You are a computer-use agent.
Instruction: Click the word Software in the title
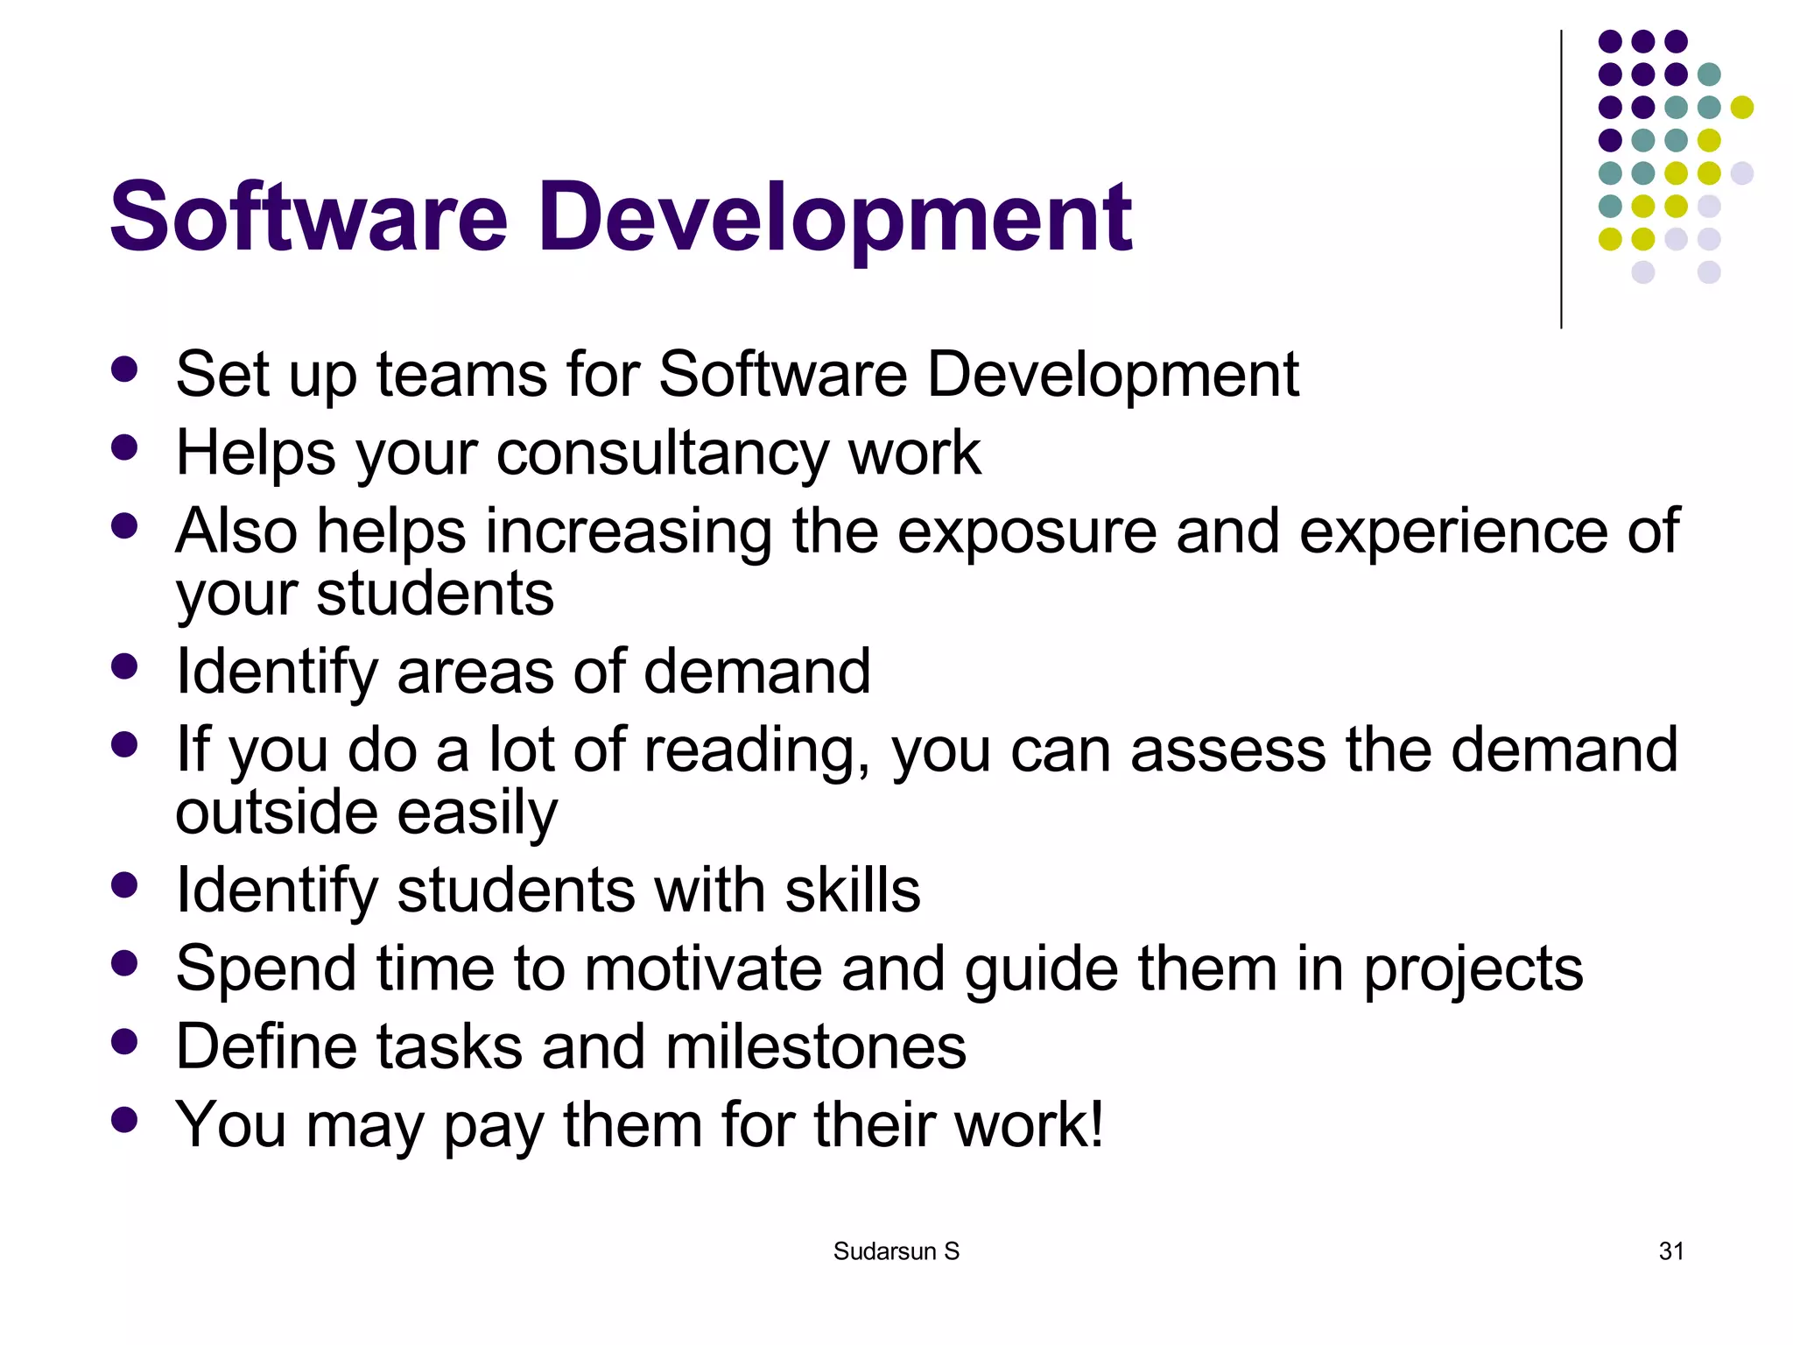click(x=308, y=216)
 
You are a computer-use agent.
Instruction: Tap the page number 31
click(x=1670, y=1251)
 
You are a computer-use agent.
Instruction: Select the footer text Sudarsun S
click(x=896, y=1251)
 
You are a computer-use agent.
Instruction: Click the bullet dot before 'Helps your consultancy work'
click(x=125, y=447)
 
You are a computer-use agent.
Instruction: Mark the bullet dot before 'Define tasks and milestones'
click(x=125, y=1041)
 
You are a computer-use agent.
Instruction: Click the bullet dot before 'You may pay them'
click(x=125, y=1119)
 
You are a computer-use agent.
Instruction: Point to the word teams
click(x=461, y=375)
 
